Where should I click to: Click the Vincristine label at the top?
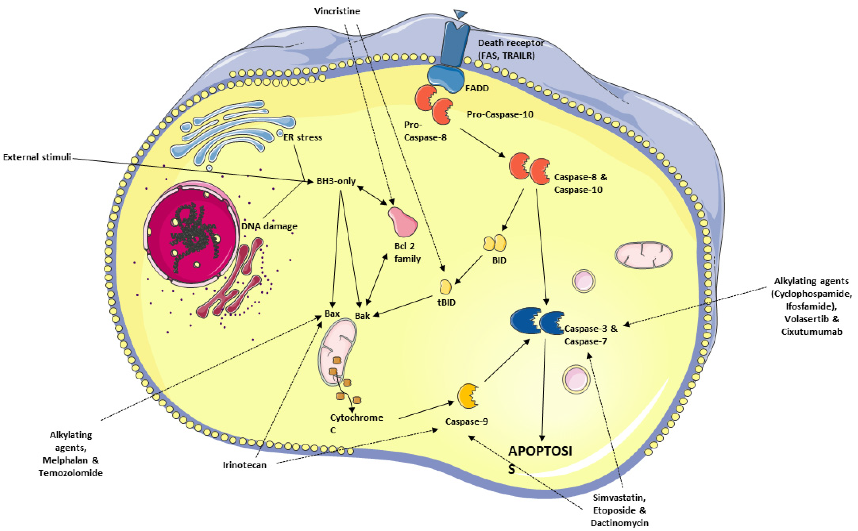coord(337,11)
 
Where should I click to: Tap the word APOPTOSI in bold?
coord(540,451)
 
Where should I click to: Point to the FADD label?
coord(477,88)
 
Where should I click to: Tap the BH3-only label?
coord(336,181)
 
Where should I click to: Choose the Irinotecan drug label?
coord(245,465)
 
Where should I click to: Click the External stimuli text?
coord(37,157)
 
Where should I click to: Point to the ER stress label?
coord(303,137)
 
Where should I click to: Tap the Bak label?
coord(362,316)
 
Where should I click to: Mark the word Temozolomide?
coord(71,473)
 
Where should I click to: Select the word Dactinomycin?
coord(619,523)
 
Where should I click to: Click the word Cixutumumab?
coord(812,331)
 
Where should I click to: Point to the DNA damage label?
coord(269,226)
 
